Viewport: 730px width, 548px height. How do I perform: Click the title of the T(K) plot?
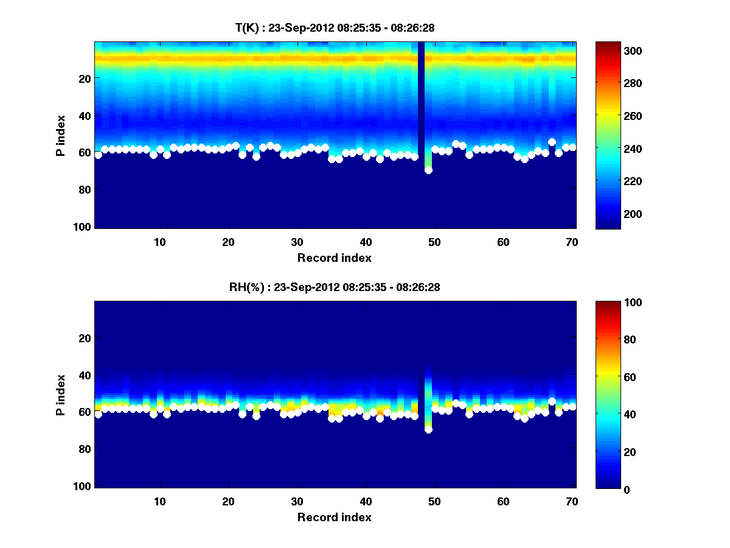[335, 27]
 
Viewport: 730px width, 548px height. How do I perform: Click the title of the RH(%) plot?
[330, 287]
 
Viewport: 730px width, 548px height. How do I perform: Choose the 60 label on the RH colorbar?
[614, 378]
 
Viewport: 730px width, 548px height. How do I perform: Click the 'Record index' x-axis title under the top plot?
[334, 258]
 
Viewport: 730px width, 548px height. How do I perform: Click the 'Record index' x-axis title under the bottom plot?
[334, 518]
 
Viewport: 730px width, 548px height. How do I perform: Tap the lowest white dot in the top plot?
[428, 170]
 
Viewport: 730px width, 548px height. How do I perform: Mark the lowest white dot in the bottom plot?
[428, 429]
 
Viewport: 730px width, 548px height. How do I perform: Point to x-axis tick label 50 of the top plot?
[434, 242]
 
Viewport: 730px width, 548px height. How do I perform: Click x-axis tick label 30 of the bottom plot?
[297, 501]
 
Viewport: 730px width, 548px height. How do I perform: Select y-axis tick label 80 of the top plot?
[85, 189]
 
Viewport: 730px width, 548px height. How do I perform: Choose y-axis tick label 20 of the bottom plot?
[85, 338]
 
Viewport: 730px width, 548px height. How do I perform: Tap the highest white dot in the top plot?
[552, 142]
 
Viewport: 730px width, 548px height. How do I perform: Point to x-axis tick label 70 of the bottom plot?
[572, 501]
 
